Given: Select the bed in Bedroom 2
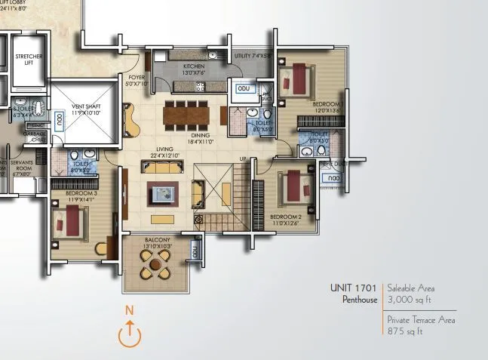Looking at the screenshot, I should click(292, 188).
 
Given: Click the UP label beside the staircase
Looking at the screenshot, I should click(242, 158).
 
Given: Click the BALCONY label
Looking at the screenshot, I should click(158, 241).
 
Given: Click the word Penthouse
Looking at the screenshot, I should click(358, 300).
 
